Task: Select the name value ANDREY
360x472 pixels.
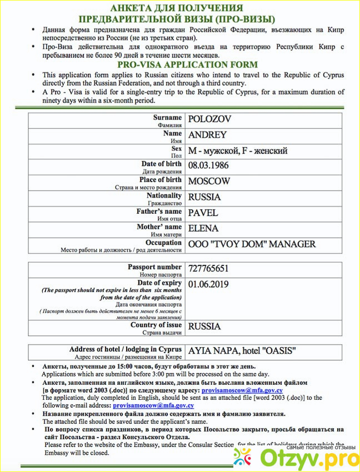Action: pyautogui.click(x=207, y=135)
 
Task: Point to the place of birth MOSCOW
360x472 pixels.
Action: pyautogui.click(x=209, y=181)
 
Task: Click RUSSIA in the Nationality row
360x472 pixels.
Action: pyautogui.click(x=204, y=197)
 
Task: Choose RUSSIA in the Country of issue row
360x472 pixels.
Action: pyautogui.click(x=204, y=327)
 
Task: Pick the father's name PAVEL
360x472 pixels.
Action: pyautogui.click(x=203, y=213)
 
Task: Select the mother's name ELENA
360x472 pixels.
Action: pyautogui.click(x=203, y=228)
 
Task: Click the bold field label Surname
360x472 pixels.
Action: pyautogui.click(x=167, y=118)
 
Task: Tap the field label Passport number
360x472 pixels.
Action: pyautogui.click(x=154, y=267)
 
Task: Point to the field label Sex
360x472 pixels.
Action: pyautogui.click(x=177, y=149)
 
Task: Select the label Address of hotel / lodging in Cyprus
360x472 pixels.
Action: pyautogui.click(x=126, y=349)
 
